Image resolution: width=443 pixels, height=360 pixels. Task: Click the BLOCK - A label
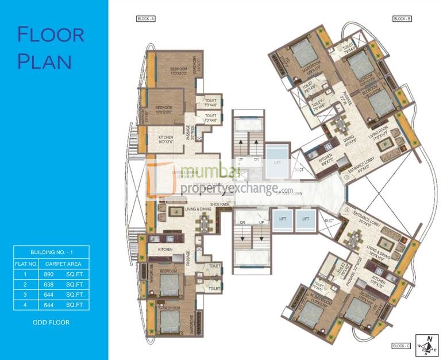(x=146, y=19)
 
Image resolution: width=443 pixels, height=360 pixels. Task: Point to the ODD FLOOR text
(x=51, y=322)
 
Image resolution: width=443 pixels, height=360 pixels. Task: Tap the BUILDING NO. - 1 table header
(x=51, y=253)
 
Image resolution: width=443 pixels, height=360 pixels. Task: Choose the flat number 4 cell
(x=25, y=305)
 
